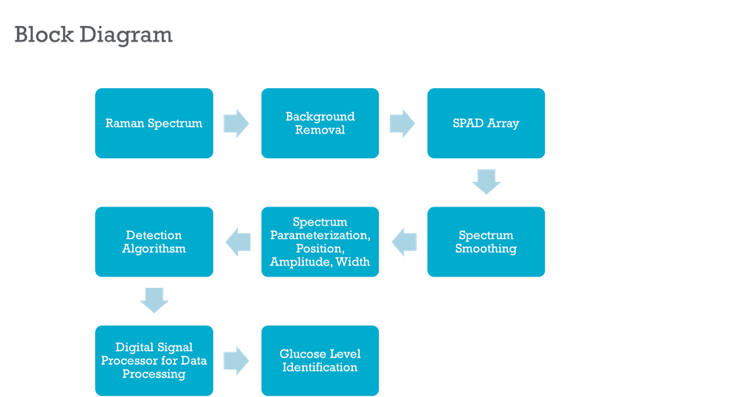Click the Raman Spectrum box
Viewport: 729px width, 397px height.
point(154,124)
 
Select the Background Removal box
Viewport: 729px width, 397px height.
point(320,124)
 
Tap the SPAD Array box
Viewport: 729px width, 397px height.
point(486,124)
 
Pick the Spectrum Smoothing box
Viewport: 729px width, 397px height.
point(486,242)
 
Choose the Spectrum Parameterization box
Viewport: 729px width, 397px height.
point(320,242)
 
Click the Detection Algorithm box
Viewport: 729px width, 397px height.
point(154,242)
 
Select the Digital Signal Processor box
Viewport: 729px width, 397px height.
point(154,361)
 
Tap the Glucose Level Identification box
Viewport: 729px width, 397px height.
point(320,361)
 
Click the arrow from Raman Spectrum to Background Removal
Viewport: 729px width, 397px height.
point(236,124)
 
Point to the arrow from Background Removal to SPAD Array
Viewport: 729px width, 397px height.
point(402,124)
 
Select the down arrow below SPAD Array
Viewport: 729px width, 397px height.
point(487,181)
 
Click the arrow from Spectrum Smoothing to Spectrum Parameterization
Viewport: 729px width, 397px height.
point(404,242)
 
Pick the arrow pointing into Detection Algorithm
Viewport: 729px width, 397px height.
point(238,242)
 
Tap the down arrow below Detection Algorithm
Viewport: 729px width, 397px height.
point(154,300)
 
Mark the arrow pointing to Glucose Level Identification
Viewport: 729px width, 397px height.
point(236,361)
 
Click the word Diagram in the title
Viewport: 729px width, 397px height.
point(126,35)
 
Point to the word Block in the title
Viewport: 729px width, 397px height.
point(45,35)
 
